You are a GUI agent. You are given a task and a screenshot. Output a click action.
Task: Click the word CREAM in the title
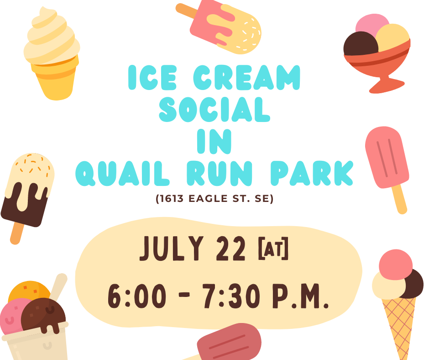point(247,78)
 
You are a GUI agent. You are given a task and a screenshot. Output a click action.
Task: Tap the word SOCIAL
point(214,110)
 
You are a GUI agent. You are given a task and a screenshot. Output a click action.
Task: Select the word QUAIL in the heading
point(123,174)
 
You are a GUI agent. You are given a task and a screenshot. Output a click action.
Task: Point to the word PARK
point(312,173)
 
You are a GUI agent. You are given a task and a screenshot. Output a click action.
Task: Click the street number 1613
point(171,198)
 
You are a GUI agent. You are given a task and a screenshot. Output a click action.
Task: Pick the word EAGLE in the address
point(208,198)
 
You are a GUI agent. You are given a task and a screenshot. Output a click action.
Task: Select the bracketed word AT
point(273,248)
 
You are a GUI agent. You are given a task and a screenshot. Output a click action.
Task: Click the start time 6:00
point(137,296)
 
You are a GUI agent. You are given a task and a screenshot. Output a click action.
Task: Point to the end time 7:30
point(231,296)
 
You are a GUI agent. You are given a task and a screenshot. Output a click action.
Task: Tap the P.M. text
point(300,296)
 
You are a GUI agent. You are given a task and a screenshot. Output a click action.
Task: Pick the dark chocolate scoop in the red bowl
point(361,44)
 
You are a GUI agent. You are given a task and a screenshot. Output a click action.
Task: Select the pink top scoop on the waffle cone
point(396,265)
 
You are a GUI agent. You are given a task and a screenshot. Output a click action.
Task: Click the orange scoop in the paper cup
point(29,291)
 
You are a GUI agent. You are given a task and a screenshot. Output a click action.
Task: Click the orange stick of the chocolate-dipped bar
point(16,233)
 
